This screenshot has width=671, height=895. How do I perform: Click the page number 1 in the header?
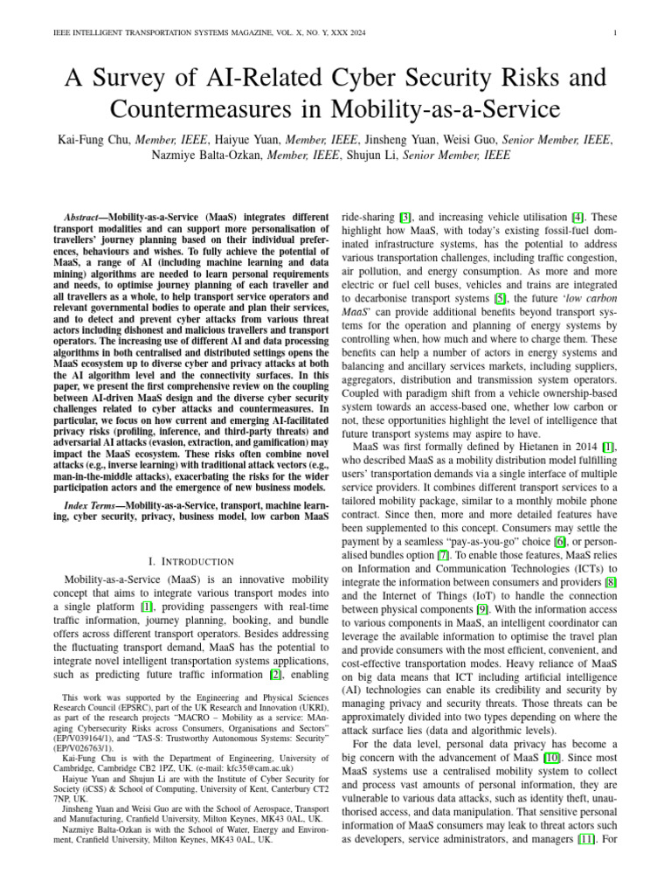point(617,34)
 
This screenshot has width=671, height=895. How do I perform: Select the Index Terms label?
point(93,507)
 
